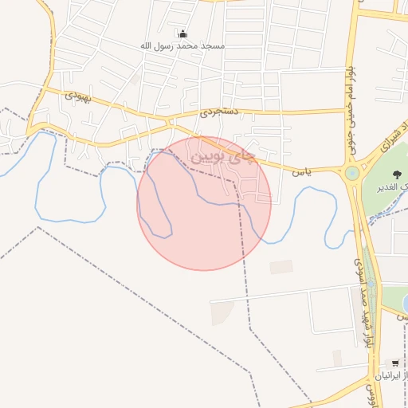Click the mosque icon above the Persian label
(x=183, y=33)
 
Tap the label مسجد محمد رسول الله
(x=183, y=46)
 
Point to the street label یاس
(x=300, y=171)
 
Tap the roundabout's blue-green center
(x=351, y=173)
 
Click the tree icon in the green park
(x=397, y=175)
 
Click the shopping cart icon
(x=395, y=363)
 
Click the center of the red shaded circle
(x=205, y=203)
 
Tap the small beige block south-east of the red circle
(x=280, y=267)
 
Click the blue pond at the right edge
(x=405, y=303)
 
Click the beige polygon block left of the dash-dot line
(x=222, y=313)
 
